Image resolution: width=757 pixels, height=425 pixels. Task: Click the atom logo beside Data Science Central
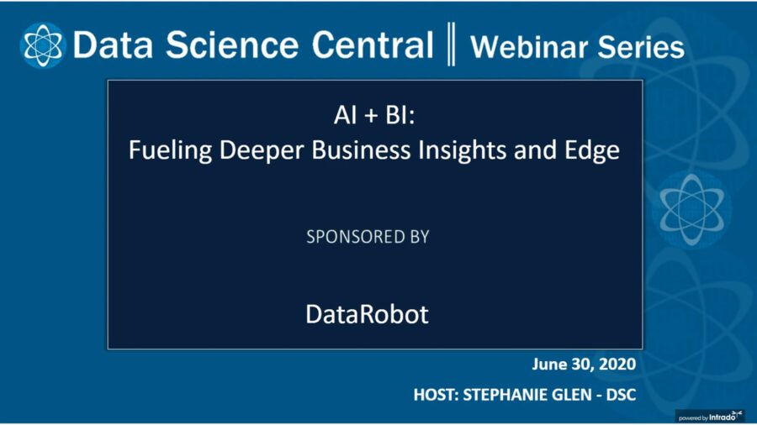pyautogui.click(x=43, y=45)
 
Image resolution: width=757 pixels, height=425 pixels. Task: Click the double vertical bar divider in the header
pyautogui.click(x=452, y=45)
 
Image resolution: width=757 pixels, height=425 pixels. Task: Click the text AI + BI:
pyautogui.click(x=374, y=117)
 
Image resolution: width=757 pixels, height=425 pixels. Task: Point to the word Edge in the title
pyautogui.click(x=592, y=151)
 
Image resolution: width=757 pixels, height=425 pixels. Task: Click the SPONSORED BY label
pyautogui.click(x=368, y=237)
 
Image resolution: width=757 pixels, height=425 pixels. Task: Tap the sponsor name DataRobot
pyautogui.click(x=367, y=314)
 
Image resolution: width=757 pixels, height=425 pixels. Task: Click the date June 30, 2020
pyautogui.click(x=584, y=365)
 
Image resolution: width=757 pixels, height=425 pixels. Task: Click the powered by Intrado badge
pyautogui.click(x=711, y=415)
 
